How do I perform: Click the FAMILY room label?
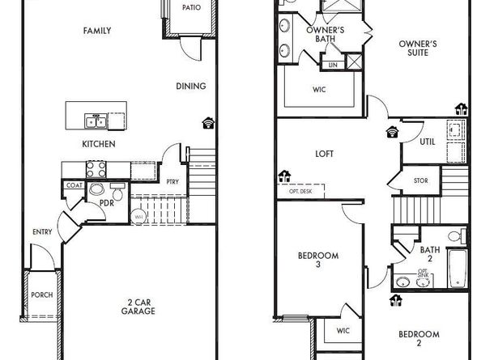[97, 31]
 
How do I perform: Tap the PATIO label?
[191, 8]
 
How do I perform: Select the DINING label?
[191, 87]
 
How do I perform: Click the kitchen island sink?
[96, 122]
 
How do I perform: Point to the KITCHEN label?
[98, 144]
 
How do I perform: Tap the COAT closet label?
[74, 185]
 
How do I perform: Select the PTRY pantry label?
[172, 181]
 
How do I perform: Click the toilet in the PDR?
[116, 195]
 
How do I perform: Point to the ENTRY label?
[43, 232]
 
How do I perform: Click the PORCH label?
[41, 294]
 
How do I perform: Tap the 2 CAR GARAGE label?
[138, 306]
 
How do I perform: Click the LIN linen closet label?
[333, 65]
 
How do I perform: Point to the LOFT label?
[324, 154]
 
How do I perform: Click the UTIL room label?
[427, 142]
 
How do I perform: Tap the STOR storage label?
[421, 180]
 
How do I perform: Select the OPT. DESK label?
[301, 192]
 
